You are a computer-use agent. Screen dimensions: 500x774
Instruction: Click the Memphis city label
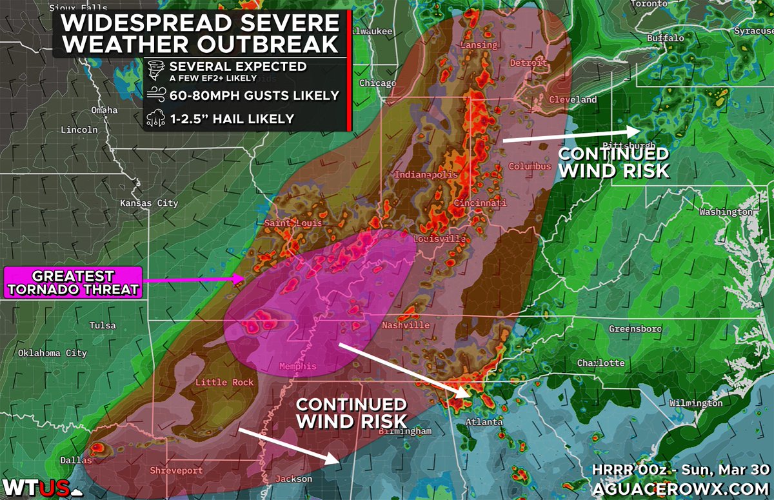(x=297, y=366)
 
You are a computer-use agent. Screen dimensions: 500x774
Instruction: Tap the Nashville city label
(x=405, y=325)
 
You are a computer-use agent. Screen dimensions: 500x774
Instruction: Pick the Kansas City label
(x=149, y=203)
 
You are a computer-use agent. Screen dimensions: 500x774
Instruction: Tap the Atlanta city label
(x=484, y=422)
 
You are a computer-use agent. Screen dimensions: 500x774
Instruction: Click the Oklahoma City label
(x=52, y=353)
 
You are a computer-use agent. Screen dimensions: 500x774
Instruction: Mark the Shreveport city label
(x=176, y=471)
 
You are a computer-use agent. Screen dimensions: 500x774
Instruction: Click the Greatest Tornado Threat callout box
(x=73, y=283)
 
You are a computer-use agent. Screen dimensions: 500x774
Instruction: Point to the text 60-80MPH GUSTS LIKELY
(x=253, y=95)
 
